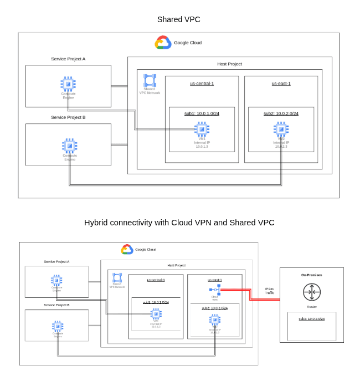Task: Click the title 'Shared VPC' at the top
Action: (x=178, y=19)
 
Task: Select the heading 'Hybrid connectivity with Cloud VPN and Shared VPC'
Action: (x=179, y=223)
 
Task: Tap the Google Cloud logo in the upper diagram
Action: (x=163, y=43)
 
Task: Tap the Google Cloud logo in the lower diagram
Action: (x=127, y=249)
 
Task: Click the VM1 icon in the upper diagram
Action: (x=202, y=129)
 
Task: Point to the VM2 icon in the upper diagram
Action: (x=281, y=129)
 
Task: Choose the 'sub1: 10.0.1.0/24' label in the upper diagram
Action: (x=202, y=114)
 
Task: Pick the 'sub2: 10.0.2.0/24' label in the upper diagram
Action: (x=281, y=114)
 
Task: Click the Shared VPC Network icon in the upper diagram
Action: (x=150, y=80)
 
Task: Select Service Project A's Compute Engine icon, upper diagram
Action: (x=68, y=84)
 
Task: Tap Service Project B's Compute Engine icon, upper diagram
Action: (x=70, y=146)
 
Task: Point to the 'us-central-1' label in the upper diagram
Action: (x=202, y=84)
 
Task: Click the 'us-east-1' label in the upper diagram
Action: (x=281, y=84)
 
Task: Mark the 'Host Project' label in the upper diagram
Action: (x=229, y=64)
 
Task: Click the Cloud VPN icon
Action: (x=215, y=290)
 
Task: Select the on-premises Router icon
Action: (x=312, y=292)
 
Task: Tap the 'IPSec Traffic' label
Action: (x=269, y=291)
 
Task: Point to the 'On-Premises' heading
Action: (x=311, y=275)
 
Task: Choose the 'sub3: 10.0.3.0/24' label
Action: (x=311, y=319)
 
